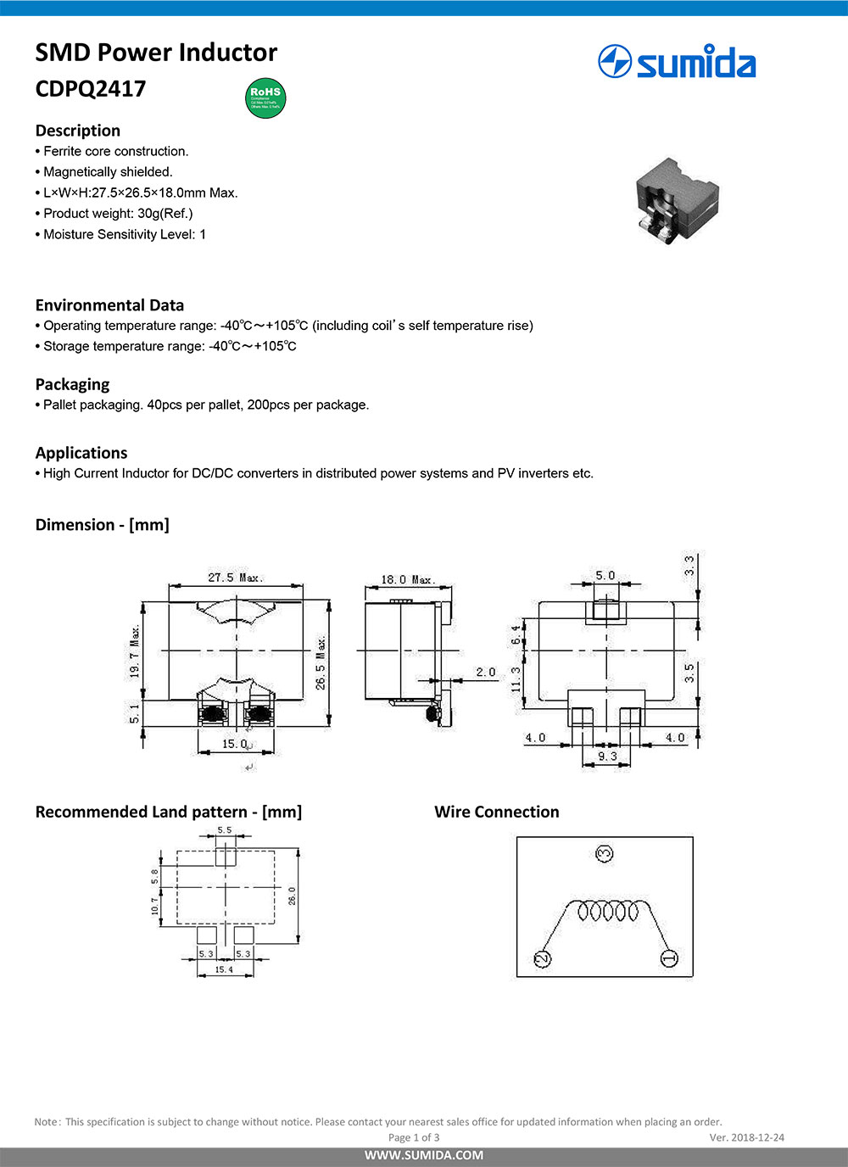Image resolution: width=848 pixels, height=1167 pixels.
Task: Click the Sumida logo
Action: (676, 63)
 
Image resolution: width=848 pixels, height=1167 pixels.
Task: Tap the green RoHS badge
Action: (265, 98)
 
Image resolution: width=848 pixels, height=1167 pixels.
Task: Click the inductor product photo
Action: (676, 199)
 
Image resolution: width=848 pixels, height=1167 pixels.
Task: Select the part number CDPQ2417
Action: (91, 89)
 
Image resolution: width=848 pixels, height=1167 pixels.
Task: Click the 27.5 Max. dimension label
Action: (235, 578)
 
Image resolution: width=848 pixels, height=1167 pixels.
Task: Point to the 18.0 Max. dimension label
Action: (407, 580)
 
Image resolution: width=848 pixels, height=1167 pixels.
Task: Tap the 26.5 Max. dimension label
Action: (321, 662)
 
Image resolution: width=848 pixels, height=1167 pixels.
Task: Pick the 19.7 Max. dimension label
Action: (135, 651)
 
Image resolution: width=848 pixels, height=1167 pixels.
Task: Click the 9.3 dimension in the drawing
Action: (607, 757)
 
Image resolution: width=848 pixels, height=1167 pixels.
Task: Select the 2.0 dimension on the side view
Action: (485, 673)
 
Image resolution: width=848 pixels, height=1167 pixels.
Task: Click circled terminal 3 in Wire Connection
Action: (605, 853)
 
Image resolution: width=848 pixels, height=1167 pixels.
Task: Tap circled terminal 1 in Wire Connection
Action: (669, 958)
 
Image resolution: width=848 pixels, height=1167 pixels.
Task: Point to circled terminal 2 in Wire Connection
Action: (542, 959)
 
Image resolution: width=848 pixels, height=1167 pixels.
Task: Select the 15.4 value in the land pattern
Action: (224, 969)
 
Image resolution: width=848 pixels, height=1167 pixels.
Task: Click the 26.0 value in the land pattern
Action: (293, 896)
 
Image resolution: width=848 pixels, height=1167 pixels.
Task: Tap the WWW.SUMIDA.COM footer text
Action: (424, 1155)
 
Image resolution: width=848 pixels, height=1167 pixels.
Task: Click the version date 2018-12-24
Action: (757, 1137)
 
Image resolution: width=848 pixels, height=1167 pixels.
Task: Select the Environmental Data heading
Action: (109, 305)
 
